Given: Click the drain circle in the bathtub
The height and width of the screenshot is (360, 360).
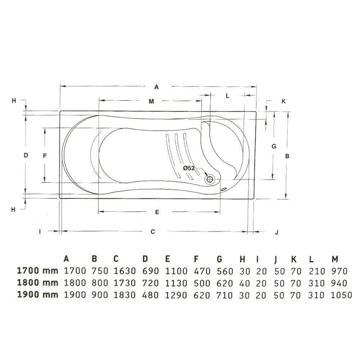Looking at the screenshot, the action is (x=210, y=179).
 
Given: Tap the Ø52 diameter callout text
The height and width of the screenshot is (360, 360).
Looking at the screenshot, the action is (x=189, y=168).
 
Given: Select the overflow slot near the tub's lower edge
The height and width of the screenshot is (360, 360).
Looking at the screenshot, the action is (x=224, y=189).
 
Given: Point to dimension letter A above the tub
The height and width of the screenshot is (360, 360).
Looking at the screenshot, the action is (x=156, y=87).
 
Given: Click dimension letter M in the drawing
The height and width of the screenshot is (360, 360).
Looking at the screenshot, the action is (x=151, y=101).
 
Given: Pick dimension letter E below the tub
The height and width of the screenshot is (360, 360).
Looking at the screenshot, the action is (x=157, y=212).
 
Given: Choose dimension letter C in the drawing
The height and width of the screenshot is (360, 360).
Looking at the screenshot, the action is (x=153, y=232).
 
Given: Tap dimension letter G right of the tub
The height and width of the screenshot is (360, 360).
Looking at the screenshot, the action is (x=274, y=146).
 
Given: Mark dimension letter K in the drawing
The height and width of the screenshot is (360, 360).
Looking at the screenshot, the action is (x=283, y=101).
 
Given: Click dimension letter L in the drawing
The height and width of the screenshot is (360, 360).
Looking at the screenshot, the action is (x=227, y=96).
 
